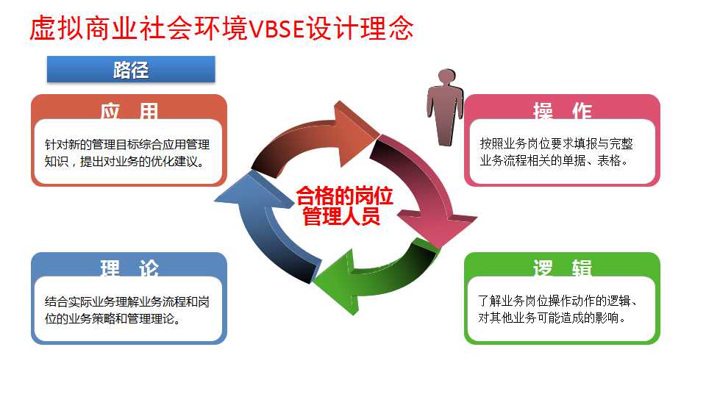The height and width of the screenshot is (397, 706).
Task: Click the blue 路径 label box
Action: [x=131, y=70]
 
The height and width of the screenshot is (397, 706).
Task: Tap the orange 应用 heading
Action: [x=129, y=110]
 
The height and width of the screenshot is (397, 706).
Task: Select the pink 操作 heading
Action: [x=562, y=110]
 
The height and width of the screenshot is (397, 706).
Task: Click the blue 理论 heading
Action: [x=129, y=268]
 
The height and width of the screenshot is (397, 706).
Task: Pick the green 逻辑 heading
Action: [x=562, y=268]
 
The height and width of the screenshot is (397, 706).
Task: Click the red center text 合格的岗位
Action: [x=345, y=196]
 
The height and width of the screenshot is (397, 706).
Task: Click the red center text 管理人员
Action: [x=345, y=216]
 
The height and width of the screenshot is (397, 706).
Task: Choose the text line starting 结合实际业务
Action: [x=127, y=301]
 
